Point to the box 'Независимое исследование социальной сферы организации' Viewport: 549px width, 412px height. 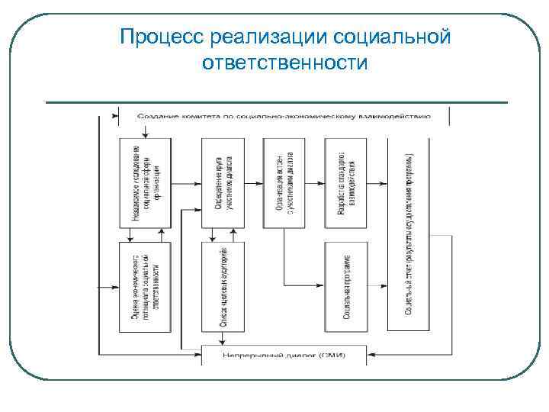[145, 182]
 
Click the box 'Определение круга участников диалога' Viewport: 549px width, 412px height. [223, 182]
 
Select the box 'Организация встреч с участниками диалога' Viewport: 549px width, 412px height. [284, 182]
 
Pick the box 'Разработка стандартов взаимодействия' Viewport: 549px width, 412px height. [345, 182]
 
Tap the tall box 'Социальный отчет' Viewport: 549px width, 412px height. [409, 233]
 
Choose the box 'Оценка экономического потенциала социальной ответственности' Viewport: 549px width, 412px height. [145, 285]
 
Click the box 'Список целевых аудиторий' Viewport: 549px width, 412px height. [223, 285]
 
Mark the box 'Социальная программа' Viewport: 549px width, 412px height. [345, 285]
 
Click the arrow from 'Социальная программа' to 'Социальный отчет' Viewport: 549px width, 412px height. [378, 286]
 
